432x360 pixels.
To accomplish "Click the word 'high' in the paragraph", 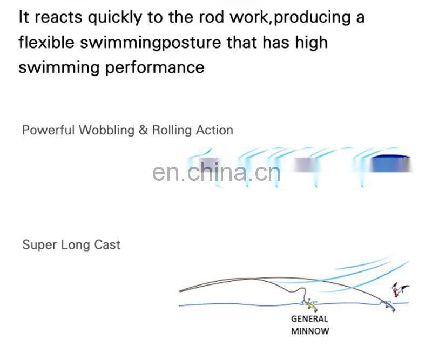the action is [x=312, y=43].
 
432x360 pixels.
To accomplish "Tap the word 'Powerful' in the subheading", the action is [x=49, y=130].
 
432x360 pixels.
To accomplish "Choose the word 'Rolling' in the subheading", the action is [x=171, y=131].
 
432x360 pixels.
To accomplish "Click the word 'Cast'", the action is [x=107, y=244].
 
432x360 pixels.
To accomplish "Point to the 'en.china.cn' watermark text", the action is [x=216, y=173].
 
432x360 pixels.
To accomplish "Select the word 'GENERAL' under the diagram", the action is [x=309, y=319].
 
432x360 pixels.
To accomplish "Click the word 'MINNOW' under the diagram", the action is [x=309, y=331].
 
